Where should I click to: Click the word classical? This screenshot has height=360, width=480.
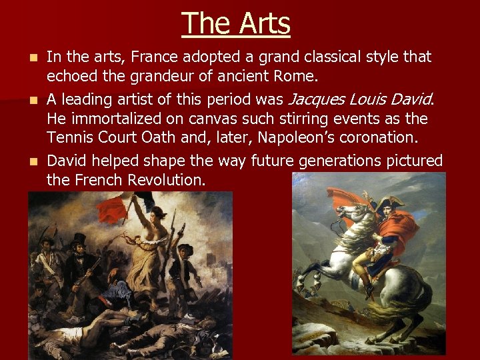click(x=299, y=58)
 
